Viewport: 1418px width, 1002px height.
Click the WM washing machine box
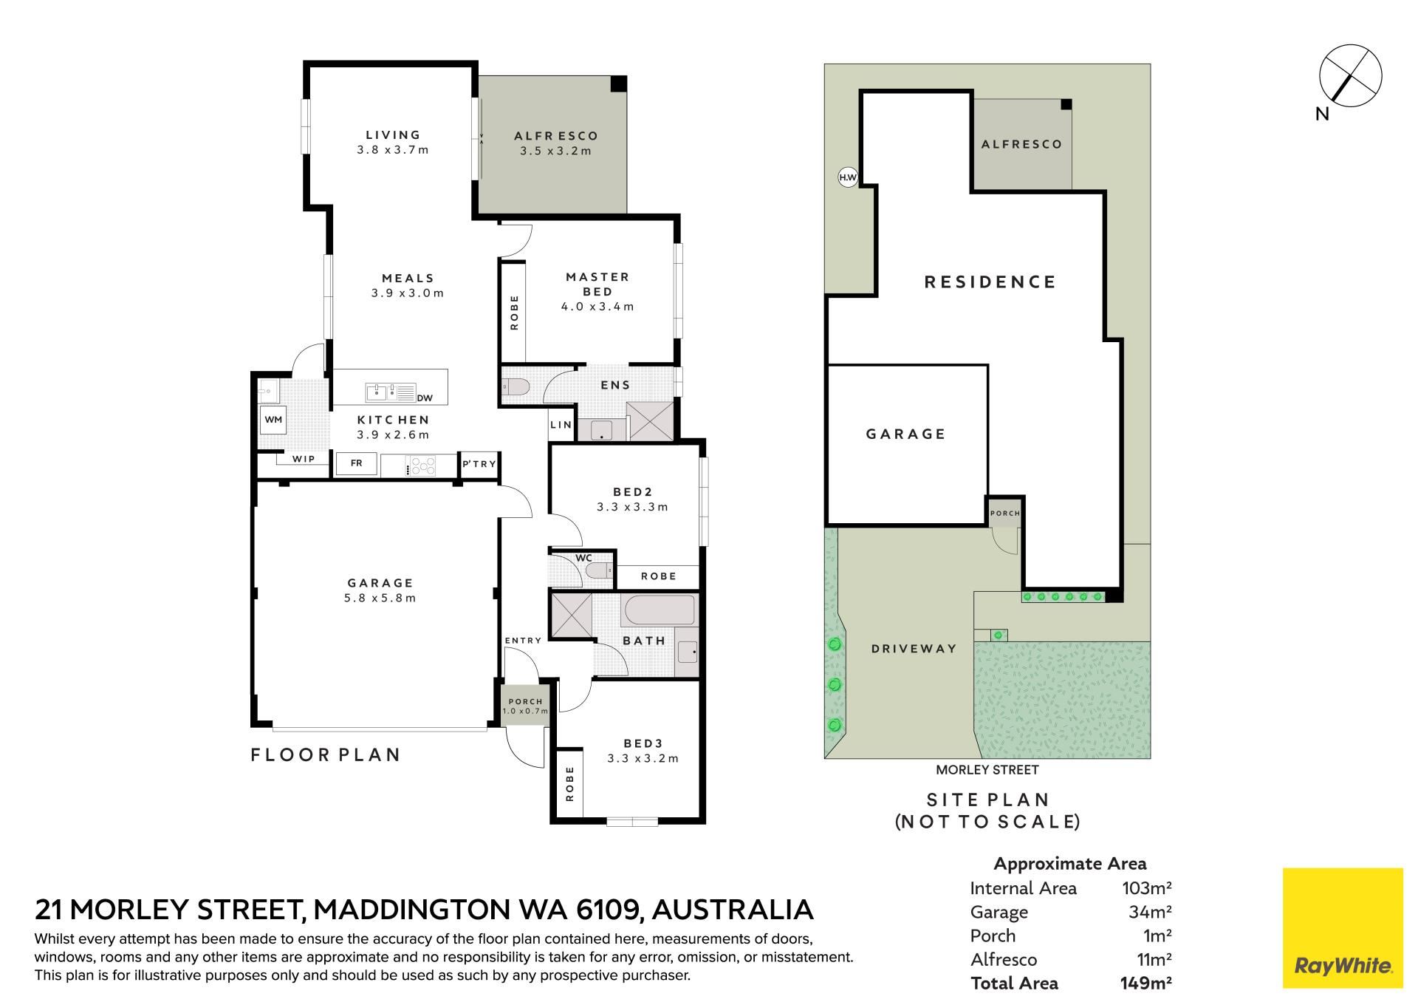(273, 420)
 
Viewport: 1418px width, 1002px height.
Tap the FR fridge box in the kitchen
(357, 464)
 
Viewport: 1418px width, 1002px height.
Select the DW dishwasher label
(425, 398)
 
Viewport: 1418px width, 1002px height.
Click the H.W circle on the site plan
(848, 177)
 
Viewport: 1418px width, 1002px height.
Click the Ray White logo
(1343, 928)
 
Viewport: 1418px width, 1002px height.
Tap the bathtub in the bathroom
(660, 611)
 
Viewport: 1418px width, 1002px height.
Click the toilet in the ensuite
(515, 386)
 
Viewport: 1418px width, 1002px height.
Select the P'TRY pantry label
(479, 464)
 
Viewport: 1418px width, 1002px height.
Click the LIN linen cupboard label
(561, 424)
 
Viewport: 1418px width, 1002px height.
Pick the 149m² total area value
(1145, 983)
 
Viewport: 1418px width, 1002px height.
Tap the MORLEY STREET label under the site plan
(987, 770)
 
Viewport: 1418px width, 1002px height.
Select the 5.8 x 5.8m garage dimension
(380, 599)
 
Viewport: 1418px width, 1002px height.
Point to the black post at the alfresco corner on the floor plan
(619, 83)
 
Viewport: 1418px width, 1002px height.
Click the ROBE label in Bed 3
(569, 783)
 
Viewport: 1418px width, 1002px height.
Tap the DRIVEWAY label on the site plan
(914, 649)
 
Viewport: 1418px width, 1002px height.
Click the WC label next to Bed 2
(583, 558)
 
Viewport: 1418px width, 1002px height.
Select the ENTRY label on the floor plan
(523, 641)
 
